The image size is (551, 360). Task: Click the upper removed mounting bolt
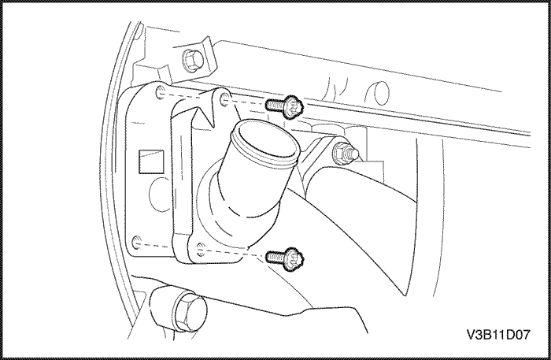[x=284, y=106]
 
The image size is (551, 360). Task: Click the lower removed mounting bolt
[x=285, y=258]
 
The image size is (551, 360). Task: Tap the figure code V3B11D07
[x=498, y=335]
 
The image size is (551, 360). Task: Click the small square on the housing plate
[x=151, y=161]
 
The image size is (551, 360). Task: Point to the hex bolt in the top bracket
[x=192, y=60]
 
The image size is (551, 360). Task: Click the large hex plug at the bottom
[x=190, y=310]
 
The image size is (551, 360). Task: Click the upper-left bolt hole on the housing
[x=161, y=92]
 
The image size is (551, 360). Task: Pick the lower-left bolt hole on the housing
[x=137, y=243]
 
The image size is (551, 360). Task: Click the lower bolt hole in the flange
[x=201, y=249]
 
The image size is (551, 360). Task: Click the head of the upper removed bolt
[x=294, y=107]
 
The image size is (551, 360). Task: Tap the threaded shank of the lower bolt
[x=275, y=258]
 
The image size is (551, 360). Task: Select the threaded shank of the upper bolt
[x=275, y=105]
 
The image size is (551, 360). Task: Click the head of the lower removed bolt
[x=294, y=259]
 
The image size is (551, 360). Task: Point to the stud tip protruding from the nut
[x=353, y=154]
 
